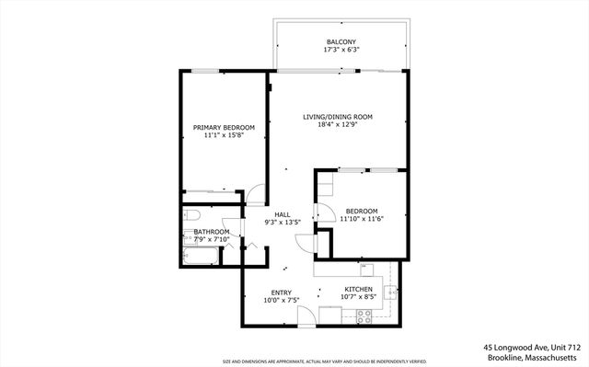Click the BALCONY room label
(340, 42)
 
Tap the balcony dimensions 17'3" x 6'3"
(340, 52)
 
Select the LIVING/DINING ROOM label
(338, 117)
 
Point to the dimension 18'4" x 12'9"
(338, 127)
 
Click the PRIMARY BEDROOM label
(223, 127)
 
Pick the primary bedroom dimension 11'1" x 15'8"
(223, 136)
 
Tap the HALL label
(283, 213)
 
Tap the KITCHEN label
(358, 289)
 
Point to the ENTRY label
(282, 292)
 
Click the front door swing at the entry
(306, 317)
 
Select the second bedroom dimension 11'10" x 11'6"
(361, 219)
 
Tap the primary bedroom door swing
(255, 196)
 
